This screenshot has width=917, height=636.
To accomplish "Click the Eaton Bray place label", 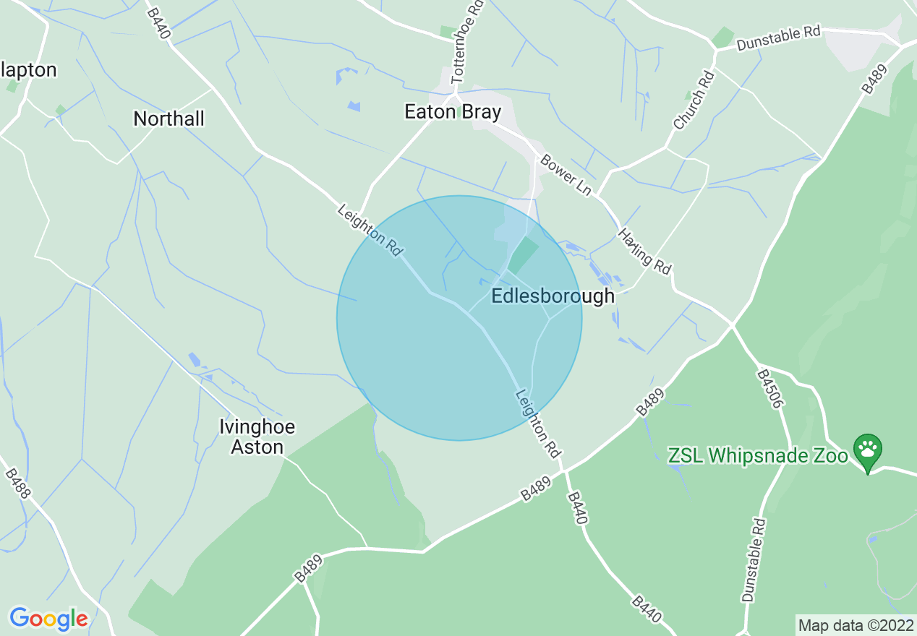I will (x=452, y=112).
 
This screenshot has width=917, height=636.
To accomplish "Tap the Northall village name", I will (x=169, y=119).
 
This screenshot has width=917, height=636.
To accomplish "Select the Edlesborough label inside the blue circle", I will (x=553, y=296).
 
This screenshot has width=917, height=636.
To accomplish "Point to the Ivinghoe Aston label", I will (x=257, y=437).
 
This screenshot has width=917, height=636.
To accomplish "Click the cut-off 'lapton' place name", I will (x=28, y=70).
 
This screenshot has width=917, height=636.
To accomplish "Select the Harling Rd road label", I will (x=644, y=251).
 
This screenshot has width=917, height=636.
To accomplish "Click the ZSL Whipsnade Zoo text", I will (x=757, y=456).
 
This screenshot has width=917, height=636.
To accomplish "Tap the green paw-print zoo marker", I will (x=867, y=450).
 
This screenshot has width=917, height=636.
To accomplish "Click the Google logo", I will (x=48, y=619).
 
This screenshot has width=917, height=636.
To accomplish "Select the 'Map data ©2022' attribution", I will (x=856, y=624).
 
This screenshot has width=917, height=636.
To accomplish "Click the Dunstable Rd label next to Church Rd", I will (x=779, y=39).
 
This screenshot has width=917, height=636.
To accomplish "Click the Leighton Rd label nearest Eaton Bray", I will (x=370, y=230).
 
